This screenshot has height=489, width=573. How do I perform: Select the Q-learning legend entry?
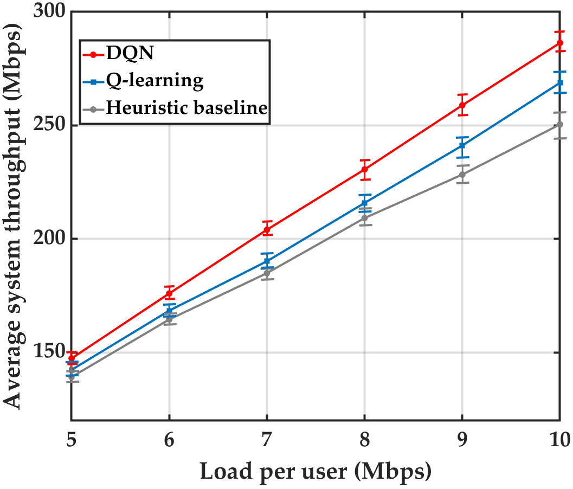154,81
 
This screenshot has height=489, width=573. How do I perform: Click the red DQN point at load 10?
559,43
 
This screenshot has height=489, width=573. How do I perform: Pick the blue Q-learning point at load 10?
559,83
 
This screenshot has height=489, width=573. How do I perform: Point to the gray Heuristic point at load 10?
559,125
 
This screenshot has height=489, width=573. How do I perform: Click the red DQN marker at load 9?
462,105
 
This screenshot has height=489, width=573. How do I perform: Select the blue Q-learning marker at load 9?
462,145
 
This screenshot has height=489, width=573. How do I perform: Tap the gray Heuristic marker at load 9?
462,175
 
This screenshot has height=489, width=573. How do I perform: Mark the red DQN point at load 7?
267,229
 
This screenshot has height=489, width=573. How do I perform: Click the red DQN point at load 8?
364,169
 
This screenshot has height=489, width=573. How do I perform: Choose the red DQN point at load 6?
169,293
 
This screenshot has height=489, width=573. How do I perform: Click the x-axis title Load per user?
315,471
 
